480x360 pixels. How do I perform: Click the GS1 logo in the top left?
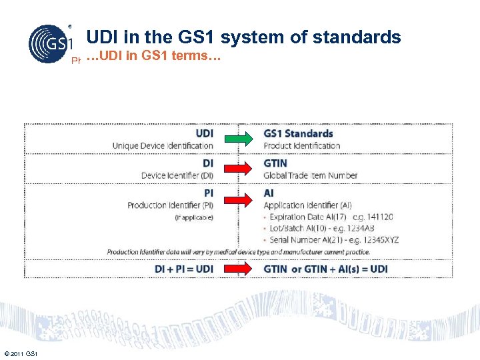[49, 44]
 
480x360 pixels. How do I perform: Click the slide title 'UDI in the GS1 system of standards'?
[243, 37]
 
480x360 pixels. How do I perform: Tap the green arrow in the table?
[239, 139]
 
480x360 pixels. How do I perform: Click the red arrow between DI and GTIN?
[239, 167]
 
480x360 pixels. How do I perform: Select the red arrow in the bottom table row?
[239, 269]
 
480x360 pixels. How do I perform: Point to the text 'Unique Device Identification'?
[163, 145]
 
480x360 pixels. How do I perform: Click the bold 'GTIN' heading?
[276, 163]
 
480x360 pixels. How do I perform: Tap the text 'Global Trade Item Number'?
[311, 175]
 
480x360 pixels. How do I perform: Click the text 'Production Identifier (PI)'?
[170, 205]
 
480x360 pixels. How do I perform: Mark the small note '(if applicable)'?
[194, 218]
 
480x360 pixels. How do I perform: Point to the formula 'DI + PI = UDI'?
[183, 269]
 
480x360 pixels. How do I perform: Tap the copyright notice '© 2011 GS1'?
[21, 353]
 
